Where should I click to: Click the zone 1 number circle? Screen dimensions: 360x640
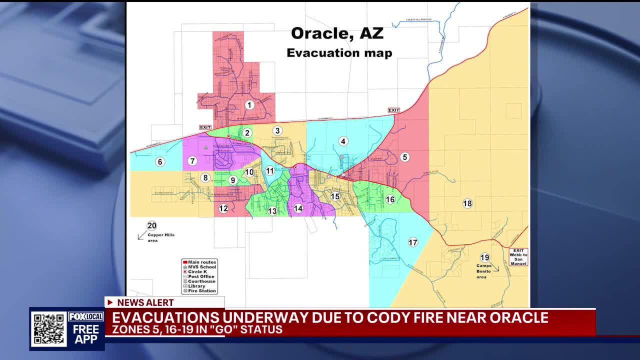coord(249,105)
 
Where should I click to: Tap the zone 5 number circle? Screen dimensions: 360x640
coord(405,157)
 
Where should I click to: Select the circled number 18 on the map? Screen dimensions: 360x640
coord(467,203)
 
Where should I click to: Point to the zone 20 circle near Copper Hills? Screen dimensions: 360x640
coord(151,225)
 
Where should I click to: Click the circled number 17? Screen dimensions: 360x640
coord(413,242)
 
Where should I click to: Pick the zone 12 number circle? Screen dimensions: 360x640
coord(223,208)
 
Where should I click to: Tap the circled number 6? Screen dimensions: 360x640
coord(160,161)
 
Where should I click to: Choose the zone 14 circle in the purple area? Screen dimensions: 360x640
coord(298,208)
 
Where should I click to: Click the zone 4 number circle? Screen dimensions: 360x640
coord(343,141)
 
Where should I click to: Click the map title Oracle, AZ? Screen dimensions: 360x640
coord(337,33)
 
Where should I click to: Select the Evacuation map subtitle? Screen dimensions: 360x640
coord(339,53)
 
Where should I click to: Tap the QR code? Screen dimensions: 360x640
coord(48,329)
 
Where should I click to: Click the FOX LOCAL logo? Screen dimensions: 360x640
coord(86,316)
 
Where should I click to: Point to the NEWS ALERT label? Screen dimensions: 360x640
coord(145,302)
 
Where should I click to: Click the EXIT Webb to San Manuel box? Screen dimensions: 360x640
coord(518,257)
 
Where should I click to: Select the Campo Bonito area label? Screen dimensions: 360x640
coord(484,271)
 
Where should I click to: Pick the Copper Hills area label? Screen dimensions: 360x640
coord(161,237)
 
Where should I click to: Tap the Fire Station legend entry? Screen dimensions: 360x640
coord(201,290)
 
